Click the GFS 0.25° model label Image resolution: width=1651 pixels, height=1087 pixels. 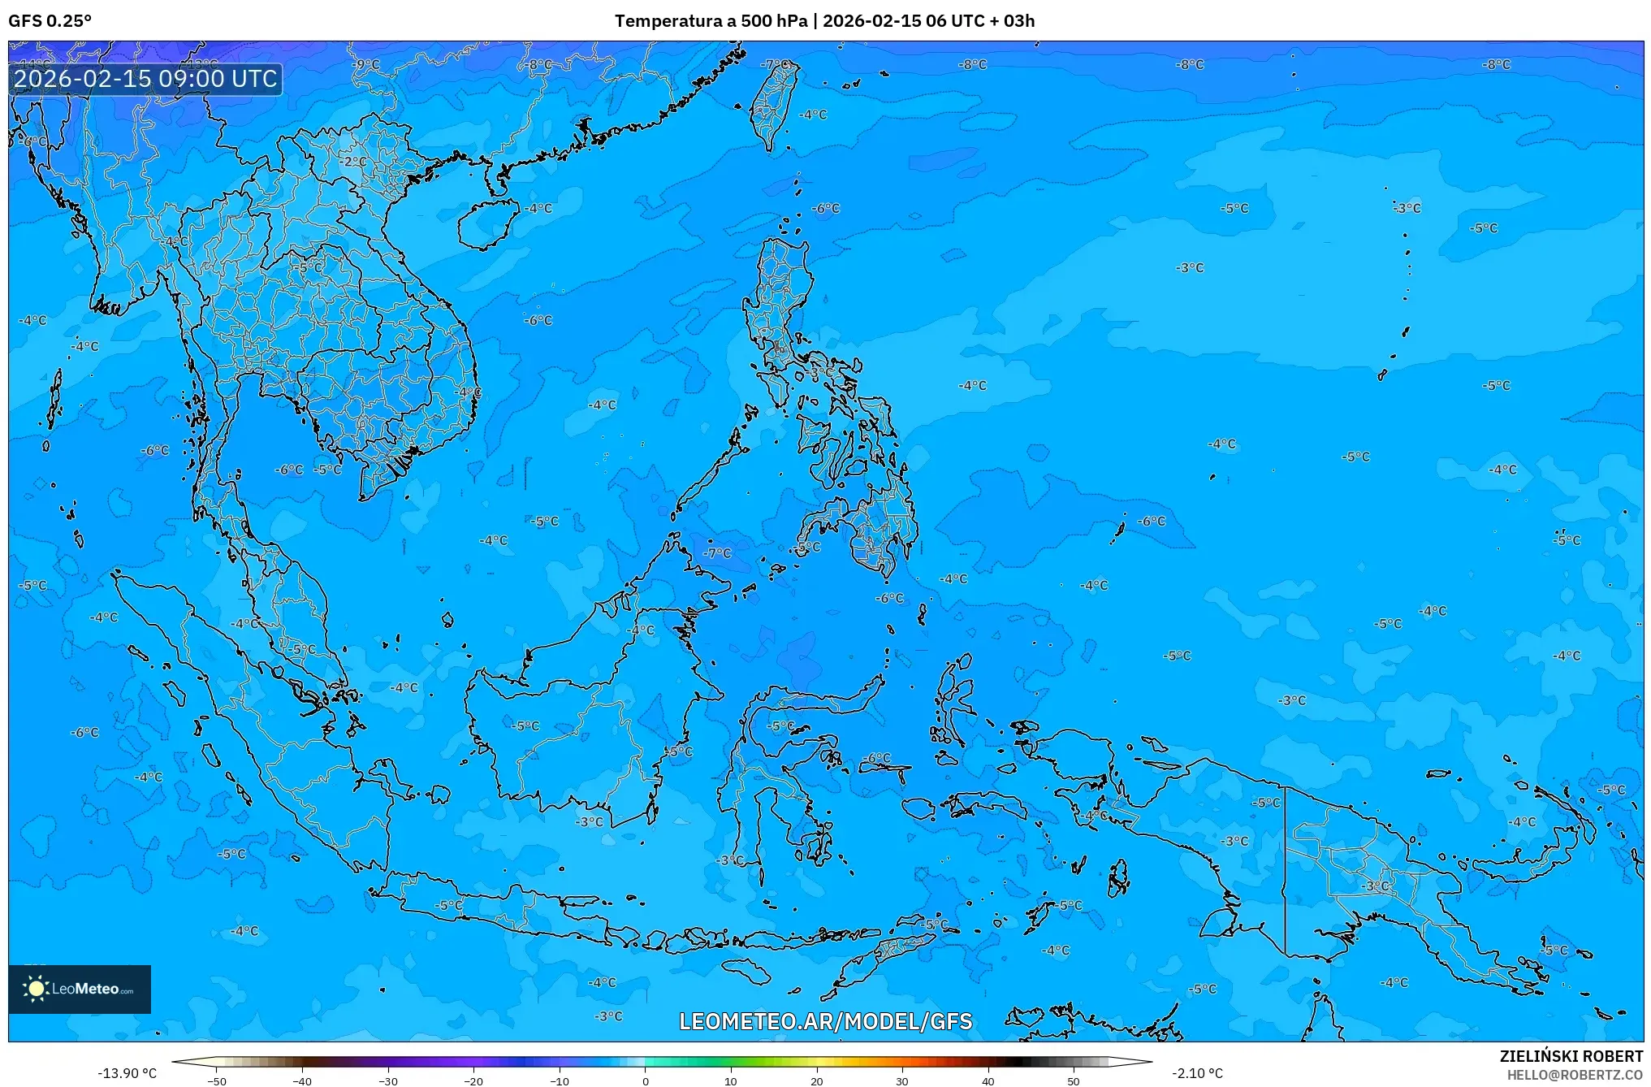pyautogui.click(x=50, y=21)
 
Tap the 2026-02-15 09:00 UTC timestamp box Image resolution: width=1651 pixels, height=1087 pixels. pyautogui.click(x=145, y=79)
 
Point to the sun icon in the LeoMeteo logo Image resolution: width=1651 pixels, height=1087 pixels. pyautogui.click(x=36, y=988)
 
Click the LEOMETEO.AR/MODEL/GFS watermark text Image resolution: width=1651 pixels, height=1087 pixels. pyautogui.click(x=825, y=1021)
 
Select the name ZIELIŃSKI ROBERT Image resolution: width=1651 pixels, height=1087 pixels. pyautogui.click(x=1571, y=1056)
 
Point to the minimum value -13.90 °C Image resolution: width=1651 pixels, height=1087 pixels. pyautogui.click(x=127, y=1073)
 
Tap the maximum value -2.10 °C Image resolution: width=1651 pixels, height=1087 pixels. pyautogui.click(x=1197, y=1073)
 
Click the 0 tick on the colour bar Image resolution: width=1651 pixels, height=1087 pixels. pyautogui.click(x=646, y=1081)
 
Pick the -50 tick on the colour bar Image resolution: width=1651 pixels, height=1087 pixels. pyautogui.click(x=217, y=1081)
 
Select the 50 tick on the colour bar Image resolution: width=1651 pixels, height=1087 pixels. pyautogui.click(x=1074, y=1081)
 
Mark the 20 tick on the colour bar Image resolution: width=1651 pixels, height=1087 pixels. pyautogui.click(x=816, y=1081)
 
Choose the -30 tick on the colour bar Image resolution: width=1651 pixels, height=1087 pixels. pyautogui.click(x=388, y=1081)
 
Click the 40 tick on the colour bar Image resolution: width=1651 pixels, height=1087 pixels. pyautogui.click(x=988, y=1081)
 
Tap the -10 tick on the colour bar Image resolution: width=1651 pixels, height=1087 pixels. pyautogui.click(x=560, y=1081)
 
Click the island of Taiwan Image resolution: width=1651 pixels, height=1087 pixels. pyautogui.click(x=771, y=102)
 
